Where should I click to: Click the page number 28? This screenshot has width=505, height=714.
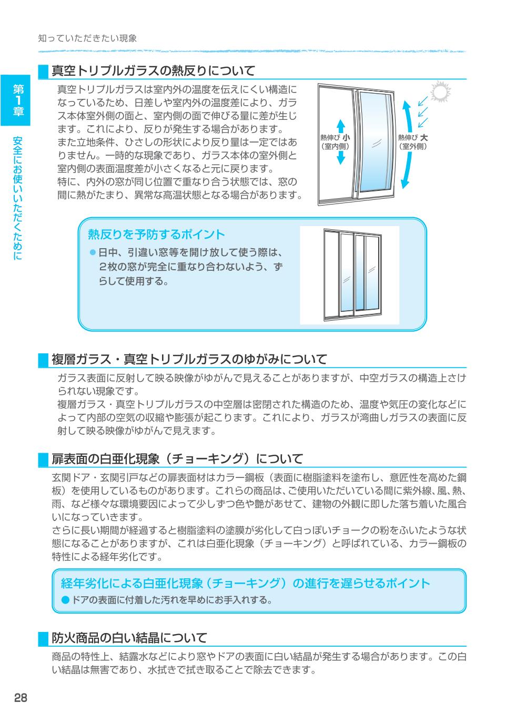tap(20, 697)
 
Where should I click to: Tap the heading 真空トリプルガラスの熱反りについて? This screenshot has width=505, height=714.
tap(153, 70)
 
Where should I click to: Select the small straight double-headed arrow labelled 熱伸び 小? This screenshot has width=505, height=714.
tap(340, 142)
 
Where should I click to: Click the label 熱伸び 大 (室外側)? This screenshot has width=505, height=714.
tap(413, 142)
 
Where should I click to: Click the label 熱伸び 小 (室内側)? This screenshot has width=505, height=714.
tap(335, 142)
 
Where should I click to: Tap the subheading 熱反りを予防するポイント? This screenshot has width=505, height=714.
tap(156, 234)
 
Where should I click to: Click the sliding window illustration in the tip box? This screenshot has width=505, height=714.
tap(349, 275)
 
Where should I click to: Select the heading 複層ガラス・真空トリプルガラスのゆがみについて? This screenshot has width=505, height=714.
tap(189, 359)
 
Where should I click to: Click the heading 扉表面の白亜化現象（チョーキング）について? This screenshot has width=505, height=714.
tap(177, 459)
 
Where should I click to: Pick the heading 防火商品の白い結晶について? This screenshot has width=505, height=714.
tap(129, 638)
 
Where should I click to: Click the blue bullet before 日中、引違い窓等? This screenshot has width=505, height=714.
tap(93, 253)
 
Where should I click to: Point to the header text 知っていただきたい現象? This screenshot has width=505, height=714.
tap(87, 38)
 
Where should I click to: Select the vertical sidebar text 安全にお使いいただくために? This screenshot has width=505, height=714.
tap(18, 198)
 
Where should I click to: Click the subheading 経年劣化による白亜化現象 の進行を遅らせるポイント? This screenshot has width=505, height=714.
tap(245, 583)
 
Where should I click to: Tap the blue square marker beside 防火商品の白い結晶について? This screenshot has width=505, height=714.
tap(43, 638)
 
